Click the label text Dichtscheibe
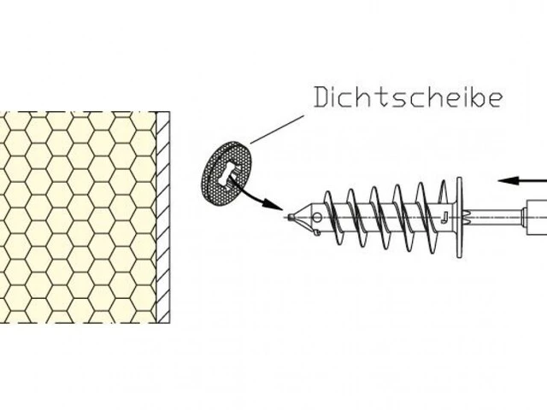[x=409, y=97]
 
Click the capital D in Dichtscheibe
[x=321, y=97]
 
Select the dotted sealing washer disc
[x=226, y=173]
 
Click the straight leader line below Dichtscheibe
[x=277, y=129]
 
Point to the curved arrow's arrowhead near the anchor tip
[x=273, y=205]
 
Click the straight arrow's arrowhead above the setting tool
[x=508, y=180]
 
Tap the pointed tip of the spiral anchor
[x=291, y=217]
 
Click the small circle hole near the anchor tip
[x=317, y=218]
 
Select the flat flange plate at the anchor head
[x=459, y=217]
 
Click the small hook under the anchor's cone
[x=315, y=232]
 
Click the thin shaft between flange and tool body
[x=496, y=217]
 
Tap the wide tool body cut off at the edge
[x=537, y=218]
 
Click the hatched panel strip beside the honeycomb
[x=163, y=217]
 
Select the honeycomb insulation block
[x=78, y=217]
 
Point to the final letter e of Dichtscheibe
[x=496, y=99]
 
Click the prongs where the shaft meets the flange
[x=465, y=218]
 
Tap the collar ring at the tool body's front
[x=524, y=218]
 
